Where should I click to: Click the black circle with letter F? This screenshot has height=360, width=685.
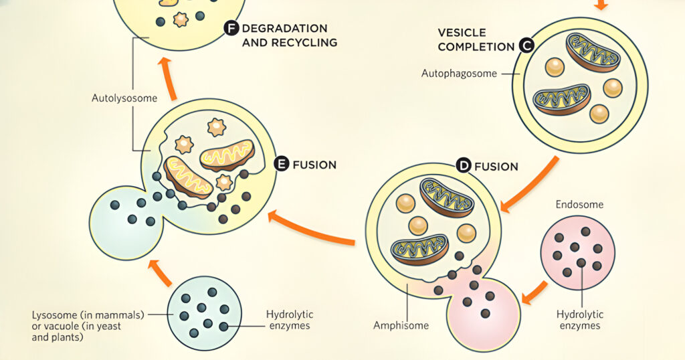pos(231,28)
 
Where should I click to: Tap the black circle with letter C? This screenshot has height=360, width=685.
pos(526,46)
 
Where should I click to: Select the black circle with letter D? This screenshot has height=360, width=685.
pos(463,165)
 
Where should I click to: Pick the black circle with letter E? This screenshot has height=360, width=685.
pos(282,164)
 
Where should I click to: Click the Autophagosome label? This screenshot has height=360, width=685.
pos(459,74)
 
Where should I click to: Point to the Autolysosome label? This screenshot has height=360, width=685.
pos(124,98)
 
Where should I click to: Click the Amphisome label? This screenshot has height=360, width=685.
pos(401,326)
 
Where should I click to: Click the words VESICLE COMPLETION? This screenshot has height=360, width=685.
pos(475,39)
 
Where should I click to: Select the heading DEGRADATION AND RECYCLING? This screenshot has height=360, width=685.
pos(289,35)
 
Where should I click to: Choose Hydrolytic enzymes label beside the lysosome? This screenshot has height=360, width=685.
pos(290,320)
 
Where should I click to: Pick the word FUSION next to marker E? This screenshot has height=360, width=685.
pos(314,165)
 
